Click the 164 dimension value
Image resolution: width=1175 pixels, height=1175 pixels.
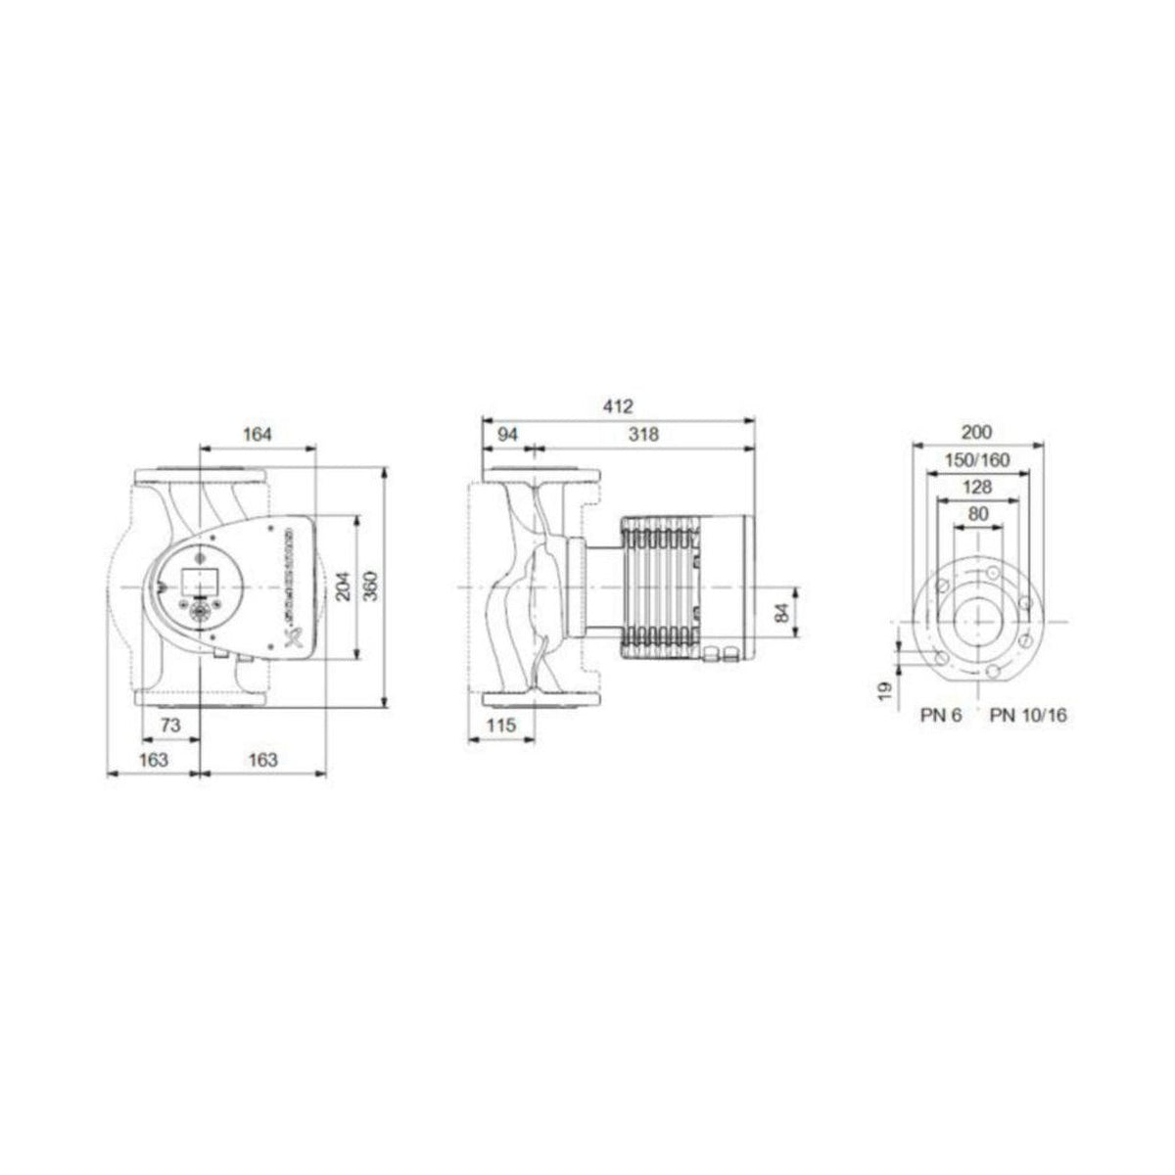(x=257, y=434)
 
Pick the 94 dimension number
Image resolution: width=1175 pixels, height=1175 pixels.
(x=506, y=434)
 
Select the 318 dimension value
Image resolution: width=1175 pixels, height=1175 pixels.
(x=643, y=434)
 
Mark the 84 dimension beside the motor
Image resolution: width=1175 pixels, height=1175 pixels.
(x=780, y=614)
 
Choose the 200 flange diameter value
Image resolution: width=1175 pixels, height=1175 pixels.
(x=976, y=432)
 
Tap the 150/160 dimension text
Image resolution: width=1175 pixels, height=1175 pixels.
(x=976, y=460)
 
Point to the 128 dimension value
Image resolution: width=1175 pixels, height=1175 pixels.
(x=976, y=487)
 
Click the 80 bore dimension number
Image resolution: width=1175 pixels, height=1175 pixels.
(x=976, y=514)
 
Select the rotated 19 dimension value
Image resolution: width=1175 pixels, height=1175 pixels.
(x=885, y=690)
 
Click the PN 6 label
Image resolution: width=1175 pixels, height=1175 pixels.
(x=941, y=716)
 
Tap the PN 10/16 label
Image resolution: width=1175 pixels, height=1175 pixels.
(x=1028, y=716)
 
